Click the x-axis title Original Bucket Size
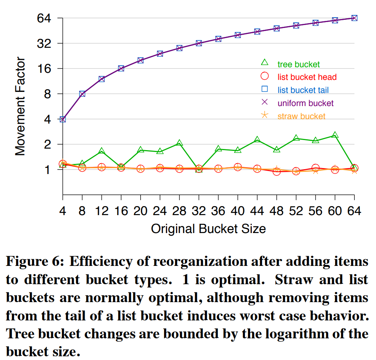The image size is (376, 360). click(208, 228)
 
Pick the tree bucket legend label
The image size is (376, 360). click(298, 64)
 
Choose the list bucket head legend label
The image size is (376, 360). click(307, 77)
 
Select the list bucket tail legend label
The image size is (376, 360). click(303, 90)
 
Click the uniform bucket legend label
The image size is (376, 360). click(305, 103)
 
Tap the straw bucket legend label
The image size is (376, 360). click(301, 116)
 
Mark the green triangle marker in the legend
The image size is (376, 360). click(265, 63)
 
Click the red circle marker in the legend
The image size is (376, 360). click(265, 77)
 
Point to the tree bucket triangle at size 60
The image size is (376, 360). click(335, 135)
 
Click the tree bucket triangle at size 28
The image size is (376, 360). click(179, 143)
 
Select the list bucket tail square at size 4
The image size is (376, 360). click(63, 119)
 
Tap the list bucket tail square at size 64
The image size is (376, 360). click(354, 18)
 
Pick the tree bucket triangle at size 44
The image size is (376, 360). click(257, 140)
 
